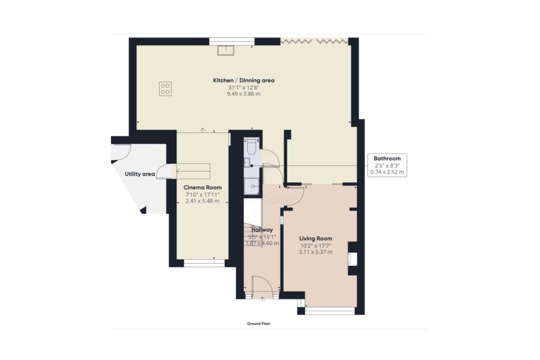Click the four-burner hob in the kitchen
165,88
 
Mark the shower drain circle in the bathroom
254,186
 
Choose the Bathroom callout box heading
387,158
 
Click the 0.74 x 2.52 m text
387,172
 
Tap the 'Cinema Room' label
202,188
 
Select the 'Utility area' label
139,174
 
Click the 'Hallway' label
262,230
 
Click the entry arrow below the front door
263,299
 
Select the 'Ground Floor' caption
259,324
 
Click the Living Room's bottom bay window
330,312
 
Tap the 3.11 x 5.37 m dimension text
316,252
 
